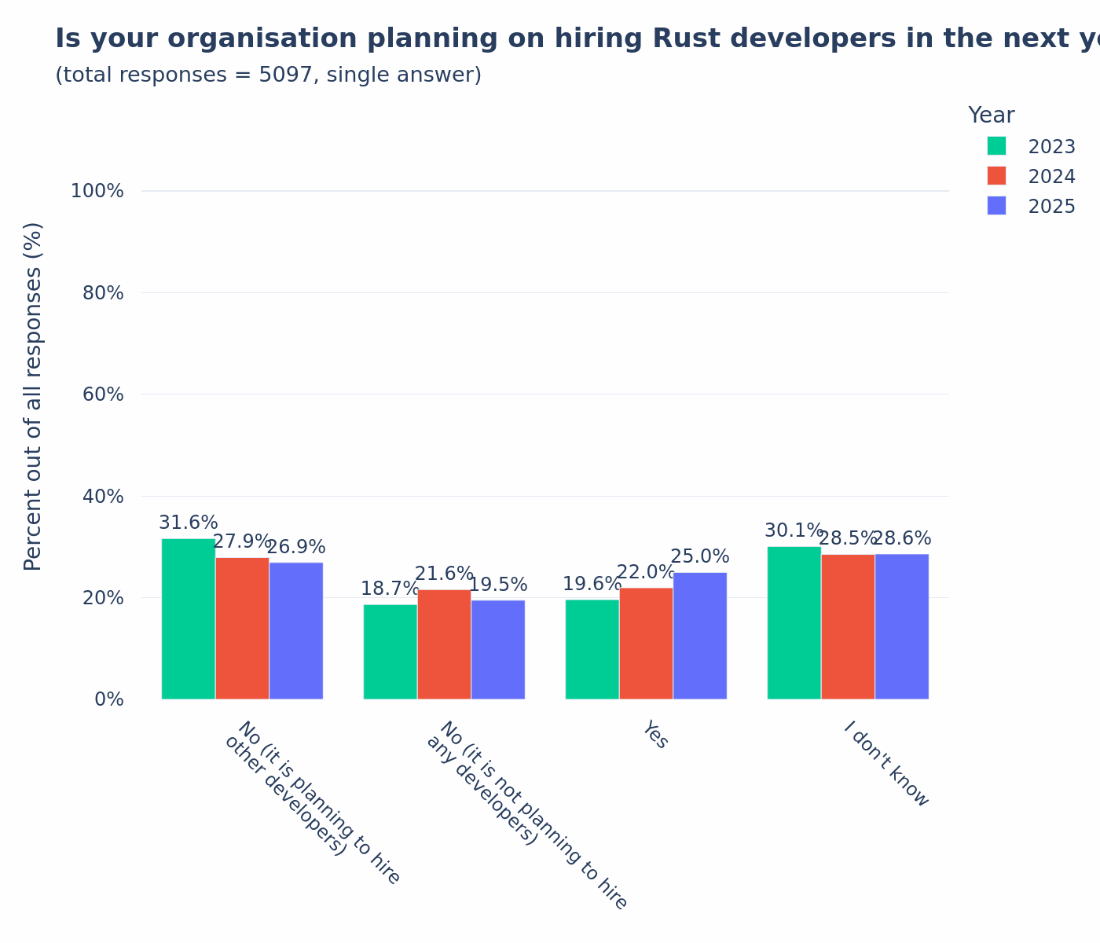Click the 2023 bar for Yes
coord(592,649)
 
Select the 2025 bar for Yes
coord(699,636)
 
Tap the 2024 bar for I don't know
coord(848,626)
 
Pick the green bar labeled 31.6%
coord(189,618)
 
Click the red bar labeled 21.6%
coord(444,644)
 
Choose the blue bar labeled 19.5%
coord(497,649)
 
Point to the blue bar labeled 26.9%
coord(295,630)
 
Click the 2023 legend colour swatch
coord(996,146)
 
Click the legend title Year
coord(991,116)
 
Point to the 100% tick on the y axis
coord(97,191)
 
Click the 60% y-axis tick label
coord(103,394)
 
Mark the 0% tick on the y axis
coord(108,699)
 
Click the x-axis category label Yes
coord(655,736)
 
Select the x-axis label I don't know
coord(885,765)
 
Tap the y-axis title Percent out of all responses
coord(33,396)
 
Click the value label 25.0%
coord(699,557)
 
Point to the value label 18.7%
coord(390,589)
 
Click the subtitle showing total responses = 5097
coord(268,75)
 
